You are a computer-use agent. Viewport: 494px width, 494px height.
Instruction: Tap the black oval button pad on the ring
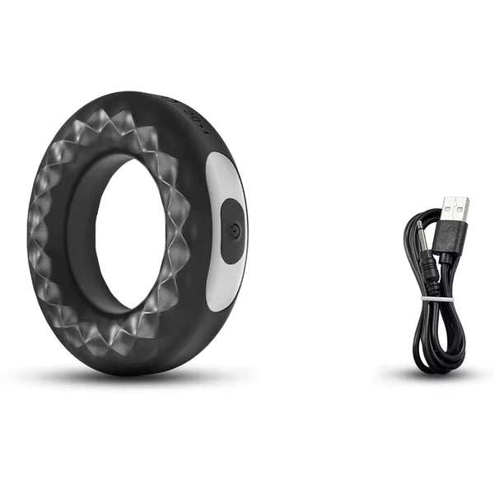232,231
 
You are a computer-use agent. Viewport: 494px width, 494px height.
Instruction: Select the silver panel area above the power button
223,175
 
